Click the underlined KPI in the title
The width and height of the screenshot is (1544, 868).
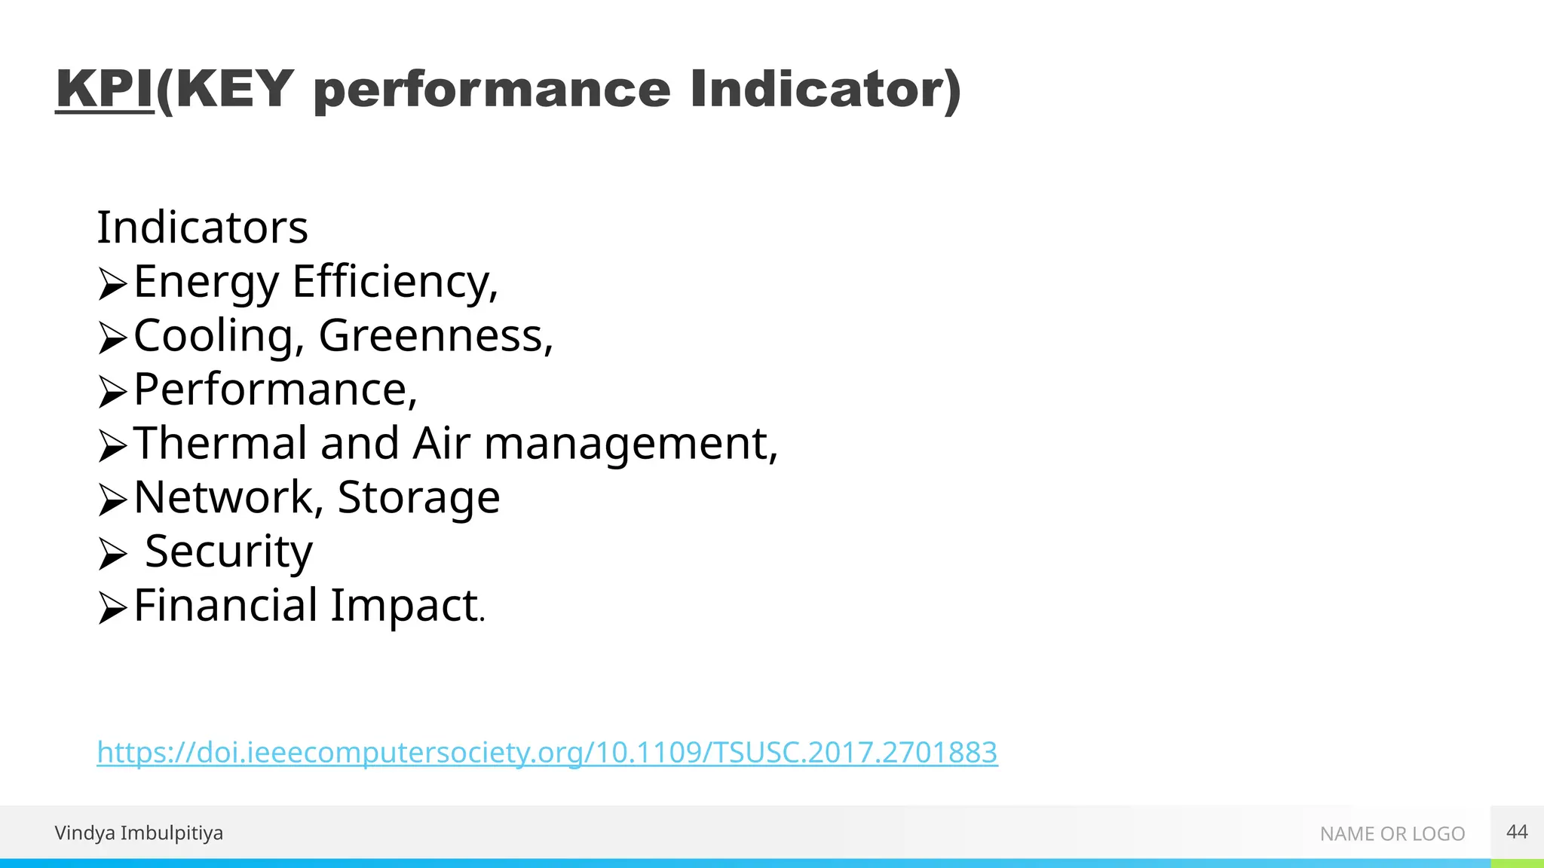(x=105, y=90)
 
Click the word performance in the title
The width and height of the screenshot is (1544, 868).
(x=492, y=91)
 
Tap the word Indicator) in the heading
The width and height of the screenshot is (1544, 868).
(x=826, y=90)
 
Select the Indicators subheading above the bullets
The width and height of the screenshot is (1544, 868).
(x=202, y=228)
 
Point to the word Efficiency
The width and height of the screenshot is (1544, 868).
(x=395, y=282)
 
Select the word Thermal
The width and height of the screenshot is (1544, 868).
(x=219, y=443)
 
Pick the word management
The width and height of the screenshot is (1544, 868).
(x=630, y=445)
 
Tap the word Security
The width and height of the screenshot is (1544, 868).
(x=228, y=552)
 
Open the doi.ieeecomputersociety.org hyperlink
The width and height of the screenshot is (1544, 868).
(x=547, y=752)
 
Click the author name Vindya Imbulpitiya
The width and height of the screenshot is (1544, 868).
(x=139, y=833)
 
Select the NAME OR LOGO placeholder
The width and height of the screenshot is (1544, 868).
(x=1392, y=833)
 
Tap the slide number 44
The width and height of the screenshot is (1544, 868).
(x=1516, y=832)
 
